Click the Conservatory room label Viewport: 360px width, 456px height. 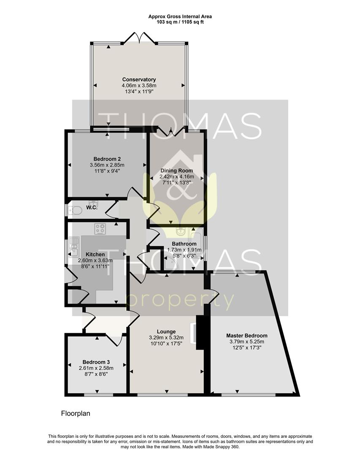coord(139,79)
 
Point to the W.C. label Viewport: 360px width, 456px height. coord(92,207)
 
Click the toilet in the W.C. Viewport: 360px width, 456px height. coord(75,210)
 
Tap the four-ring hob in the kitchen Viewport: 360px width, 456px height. coord(100,228)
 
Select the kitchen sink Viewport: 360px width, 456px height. coord(74,246)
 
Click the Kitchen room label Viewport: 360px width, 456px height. coord(95,255)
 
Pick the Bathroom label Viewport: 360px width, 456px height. coord(184,244)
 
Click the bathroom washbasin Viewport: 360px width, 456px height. coord(180,231)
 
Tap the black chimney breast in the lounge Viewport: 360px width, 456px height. coord(200,332)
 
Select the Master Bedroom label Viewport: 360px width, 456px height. coord(246,336)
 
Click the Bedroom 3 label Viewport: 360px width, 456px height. coord(96,362)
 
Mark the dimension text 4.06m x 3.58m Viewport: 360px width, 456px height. coord(139,85)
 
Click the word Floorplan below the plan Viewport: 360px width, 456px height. coord(76,414)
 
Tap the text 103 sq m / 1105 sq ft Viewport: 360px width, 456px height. coord(180,22)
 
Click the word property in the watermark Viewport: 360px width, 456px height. coord(180,301)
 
